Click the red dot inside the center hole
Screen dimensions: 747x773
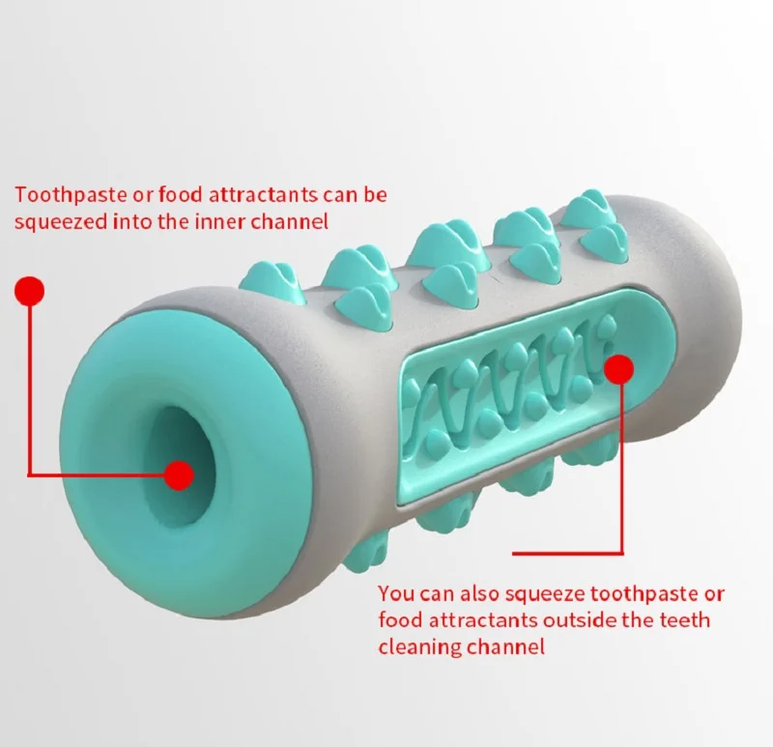coord(180,474)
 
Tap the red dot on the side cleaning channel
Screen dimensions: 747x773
coord(618,368)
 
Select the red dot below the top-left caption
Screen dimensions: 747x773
coord(31,290)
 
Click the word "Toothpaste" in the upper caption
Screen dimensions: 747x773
coord(64,194)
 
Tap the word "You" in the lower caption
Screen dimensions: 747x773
coord(395,592)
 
